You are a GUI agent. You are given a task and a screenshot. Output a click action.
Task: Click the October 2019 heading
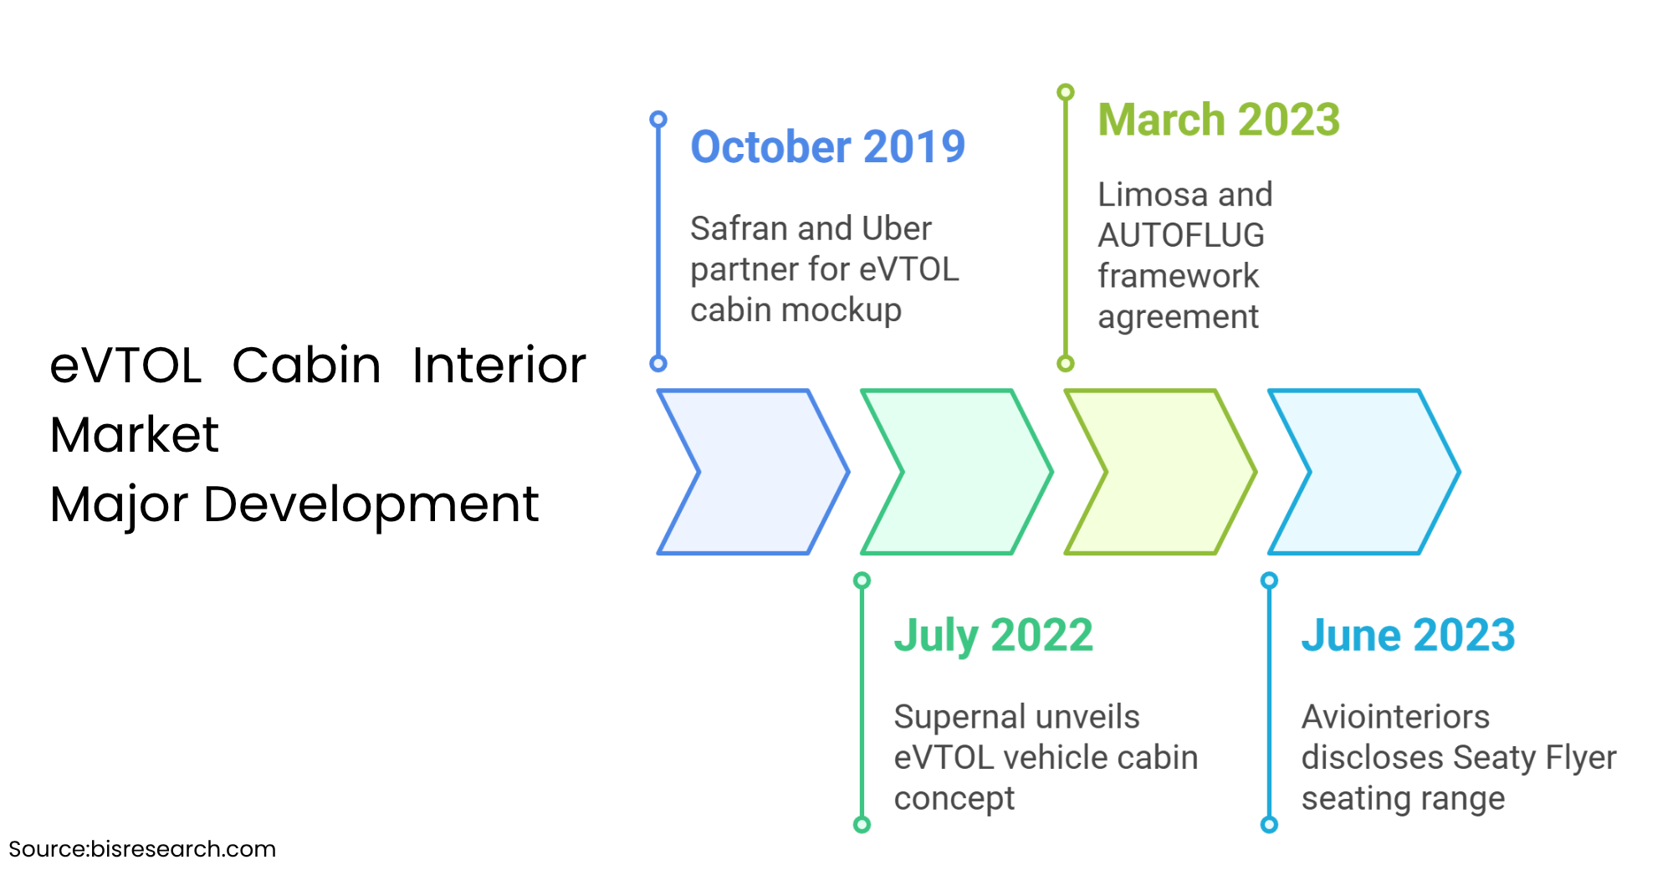pyautogui.click(x=827, y=147)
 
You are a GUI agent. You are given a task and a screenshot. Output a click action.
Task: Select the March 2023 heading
pyautogui.click(x=1219, y=120)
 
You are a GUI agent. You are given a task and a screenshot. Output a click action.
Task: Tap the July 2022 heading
pyautogui.click(x=993, y=635)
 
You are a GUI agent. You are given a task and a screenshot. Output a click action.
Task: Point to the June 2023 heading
pyautogui.click(x=1408, y=635)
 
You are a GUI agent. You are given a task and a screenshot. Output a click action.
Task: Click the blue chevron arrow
pyautogui.click(x=753, y=472)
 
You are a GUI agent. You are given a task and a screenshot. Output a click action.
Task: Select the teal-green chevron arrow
pyautogui.click(x=957, y=472)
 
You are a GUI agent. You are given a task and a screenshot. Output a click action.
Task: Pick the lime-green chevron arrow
pyautogui.click(x=1160, y=472)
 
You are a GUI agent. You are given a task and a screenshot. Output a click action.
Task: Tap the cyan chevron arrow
pyautogui.click(x=1364, y=472)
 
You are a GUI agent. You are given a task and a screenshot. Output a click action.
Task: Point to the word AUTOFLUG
pyautogui.click(x=1180, y=236)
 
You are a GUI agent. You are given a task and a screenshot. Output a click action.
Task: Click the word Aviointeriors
pyautogui.click(x=1395, y=717)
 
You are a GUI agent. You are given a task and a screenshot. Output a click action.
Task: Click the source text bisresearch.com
pyautogui.click(x=182, y=849)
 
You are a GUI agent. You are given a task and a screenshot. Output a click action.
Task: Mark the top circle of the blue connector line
pyautogui.click(x=658, y=120)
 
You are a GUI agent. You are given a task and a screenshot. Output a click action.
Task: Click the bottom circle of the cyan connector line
pyautogui.click(x=1269, y=825)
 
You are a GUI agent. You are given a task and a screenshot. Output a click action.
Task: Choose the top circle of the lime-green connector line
pyautogui.click(x=1066, y=92)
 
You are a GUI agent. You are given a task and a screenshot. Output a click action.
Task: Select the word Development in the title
pyautogui.click(x=371, y=504)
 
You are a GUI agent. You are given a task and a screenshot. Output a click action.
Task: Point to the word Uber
pyautogui.click(x=897, y=228)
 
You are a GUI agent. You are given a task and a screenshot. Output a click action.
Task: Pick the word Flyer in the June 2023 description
pyautogui.click(x=1580, y=758)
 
